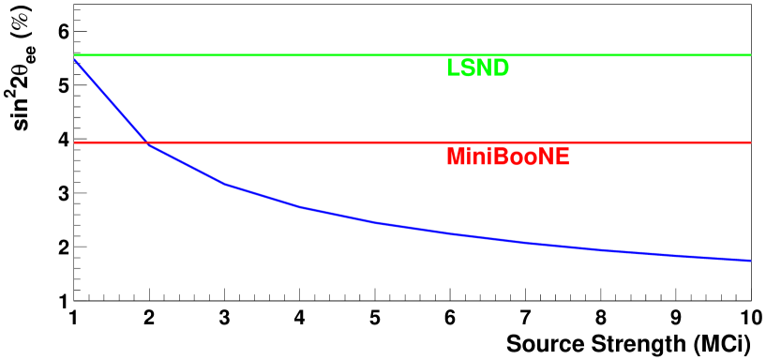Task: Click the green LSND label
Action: [478, 68]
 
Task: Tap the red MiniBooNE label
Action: [507, 157]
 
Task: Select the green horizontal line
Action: [281, 55]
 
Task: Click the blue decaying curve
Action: [375, 223]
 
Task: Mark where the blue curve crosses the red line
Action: [146, 142]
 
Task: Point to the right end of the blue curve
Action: [750, 260]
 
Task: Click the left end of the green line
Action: [75, 55]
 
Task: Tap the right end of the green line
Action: [750, 55]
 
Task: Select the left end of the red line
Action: [75, 142]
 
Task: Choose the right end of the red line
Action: [750, 142]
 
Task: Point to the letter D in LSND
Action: [502, 68]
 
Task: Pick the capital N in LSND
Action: [485, 68]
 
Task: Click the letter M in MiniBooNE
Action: [455, 157]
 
